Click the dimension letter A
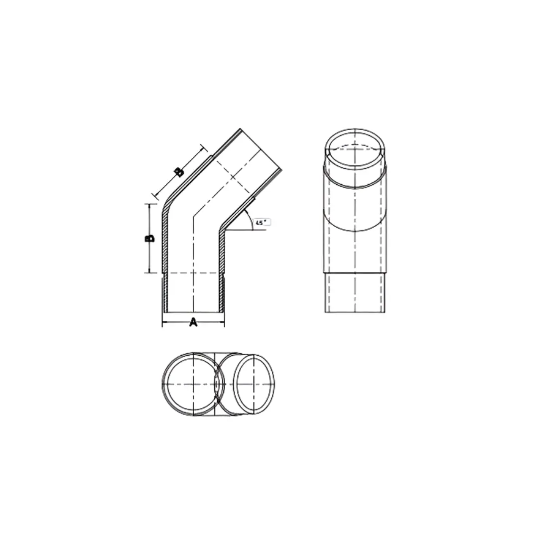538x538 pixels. (x=193, y=323)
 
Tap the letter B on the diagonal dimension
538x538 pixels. (x=179, y=172)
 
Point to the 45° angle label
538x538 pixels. (x=261, y=223)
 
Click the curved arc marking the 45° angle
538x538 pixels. (x=250, y=220)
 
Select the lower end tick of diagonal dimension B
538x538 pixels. (x=155, y=195)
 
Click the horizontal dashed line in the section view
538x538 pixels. (x=193, y=273)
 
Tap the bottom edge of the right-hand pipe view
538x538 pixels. (x=355, y=312)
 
